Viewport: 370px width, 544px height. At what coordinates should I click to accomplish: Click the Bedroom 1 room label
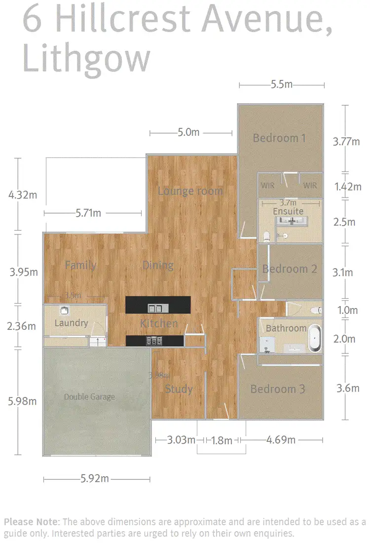pyautogui.click(x=279, y=138)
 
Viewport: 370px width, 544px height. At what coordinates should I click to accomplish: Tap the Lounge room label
pyautogui.click(x=190, y=191)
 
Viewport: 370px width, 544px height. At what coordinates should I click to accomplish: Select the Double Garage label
pyautogui.click(x=89, y=396)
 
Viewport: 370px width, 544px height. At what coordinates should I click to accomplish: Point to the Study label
pyautogui.click(x=179, y=389)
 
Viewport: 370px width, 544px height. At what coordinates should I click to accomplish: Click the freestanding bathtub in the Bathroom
pyautogui.click(x=314, y=337)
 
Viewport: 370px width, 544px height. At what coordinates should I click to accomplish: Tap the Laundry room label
pyautogui.click(x=71, y=323)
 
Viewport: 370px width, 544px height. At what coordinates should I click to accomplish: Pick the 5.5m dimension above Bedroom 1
pyautogui.click(x=282, y=85)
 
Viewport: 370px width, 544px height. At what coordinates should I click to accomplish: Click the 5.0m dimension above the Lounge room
pyautogui.click(x=188, y=132)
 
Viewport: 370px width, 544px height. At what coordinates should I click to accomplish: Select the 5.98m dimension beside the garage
pyautogui.click(x=23, y=401)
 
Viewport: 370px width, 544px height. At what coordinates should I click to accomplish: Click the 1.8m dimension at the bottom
pyautogui.click(x=222, y=440)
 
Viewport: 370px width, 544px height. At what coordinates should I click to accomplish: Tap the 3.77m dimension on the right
pyautogui.click(x=346, y=142)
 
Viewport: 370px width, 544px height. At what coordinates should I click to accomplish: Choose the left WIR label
pyautogui.click(x=268, y=186)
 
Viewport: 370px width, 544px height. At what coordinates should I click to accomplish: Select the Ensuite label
pyautogui.click(x=288, y=211)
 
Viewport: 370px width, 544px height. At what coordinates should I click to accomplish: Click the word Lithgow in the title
pyautogui.click(x=86, y=59)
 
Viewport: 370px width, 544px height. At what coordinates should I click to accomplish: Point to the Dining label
pyautogui.click(x=158, y=265)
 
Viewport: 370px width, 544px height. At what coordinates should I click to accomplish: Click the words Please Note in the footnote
pyautogui.click(x=32, y=522)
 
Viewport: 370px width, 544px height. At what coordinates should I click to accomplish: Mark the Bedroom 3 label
pyautogui.click(x=277, y=389)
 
